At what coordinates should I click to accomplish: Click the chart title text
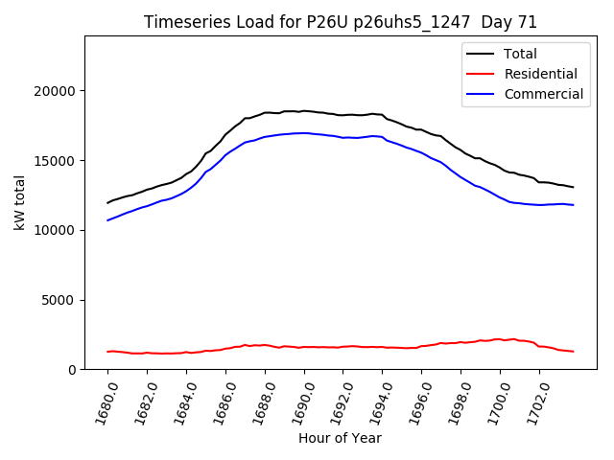(341, 22)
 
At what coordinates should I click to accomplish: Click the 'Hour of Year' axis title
(340, 438)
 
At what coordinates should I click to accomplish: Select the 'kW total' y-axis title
(20, 202)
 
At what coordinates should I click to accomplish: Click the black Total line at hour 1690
(304, 111)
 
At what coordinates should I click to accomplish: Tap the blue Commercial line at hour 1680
(107, 220)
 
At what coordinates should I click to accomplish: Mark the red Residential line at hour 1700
(500, 339)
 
